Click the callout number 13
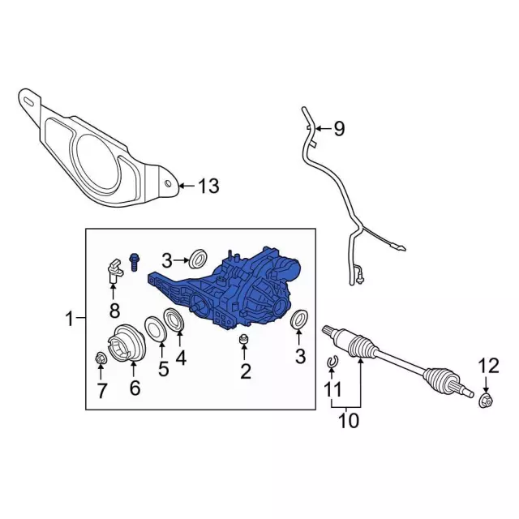pos(208,186)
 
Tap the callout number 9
pos(339,128)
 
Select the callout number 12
pos(489,366)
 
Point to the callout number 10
pos(349,421)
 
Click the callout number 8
pos(114,311)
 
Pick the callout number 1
pos(69,319)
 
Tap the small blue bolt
pos(134,262)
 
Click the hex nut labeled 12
pos(486,401)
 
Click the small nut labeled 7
pos(100,358)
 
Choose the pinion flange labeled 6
pos(127,343)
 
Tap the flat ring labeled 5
pos(155,328)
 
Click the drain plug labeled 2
pos(244,339)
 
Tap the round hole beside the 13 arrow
pos(168,183)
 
